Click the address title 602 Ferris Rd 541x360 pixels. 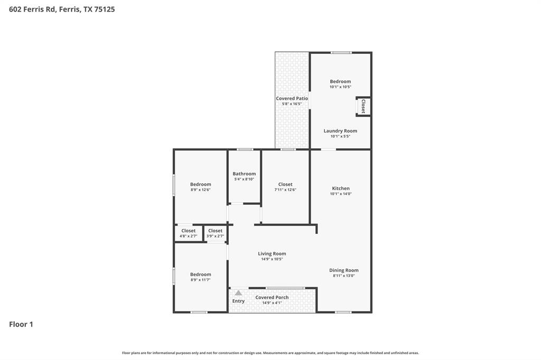[62, 9]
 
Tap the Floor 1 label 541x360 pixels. [21, 324]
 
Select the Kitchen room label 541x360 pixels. [341, 188]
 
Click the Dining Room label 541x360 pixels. [344, 270]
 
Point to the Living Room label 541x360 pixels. [272, 254]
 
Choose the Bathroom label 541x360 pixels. [244, 174]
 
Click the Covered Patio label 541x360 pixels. [292, 99]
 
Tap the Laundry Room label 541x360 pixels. [340, 131]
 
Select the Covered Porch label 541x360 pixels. [272, 297]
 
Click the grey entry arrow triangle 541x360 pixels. [238, 293]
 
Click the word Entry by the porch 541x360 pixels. [238, 301]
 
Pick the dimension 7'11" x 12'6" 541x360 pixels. [285, 190]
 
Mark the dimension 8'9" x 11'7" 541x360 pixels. [201, 280]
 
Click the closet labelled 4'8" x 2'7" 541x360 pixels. [189, 233]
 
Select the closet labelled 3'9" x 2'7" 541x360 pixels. [215, 233]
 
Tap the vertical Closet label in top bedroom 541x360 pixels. [363, 107]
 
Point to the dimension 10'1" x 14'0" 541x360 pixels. [341, 194]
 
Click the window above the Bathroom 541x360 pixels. [245, 149]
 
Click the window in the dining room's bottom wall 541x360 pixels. [343, 312]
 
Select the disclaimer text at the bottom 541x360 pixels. [270, 353]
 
